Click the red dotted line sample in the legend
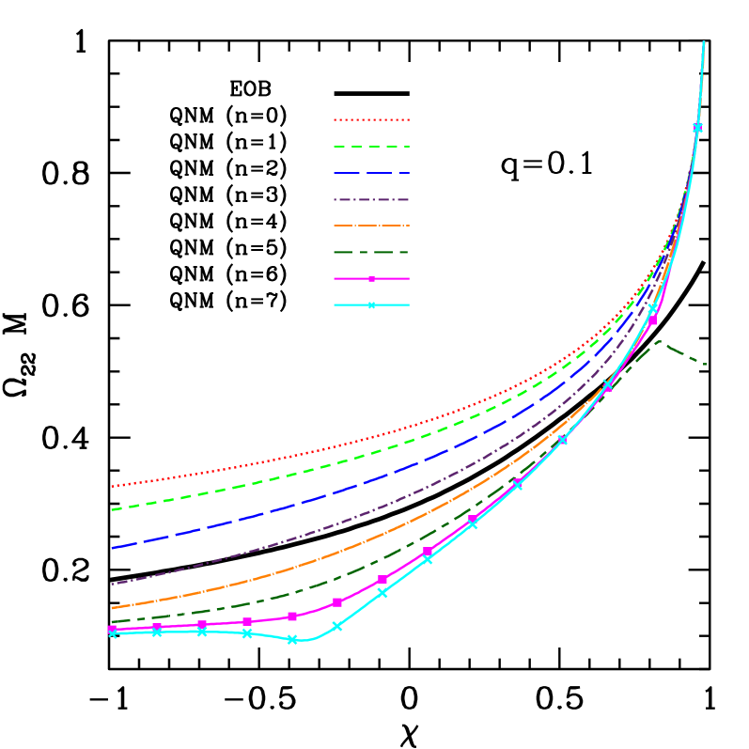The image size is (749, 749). [x=371, y=120]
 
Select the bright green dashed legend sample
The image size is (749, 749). [x=371, y=147]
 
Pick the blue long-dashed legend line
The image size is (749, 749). [x=371, y=173]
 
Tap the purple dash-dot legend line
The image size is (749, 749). [x=371, y=199]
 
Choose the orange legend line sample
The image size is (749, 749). [x=371, y=226]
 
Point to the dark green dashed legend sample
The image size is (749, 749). [x=371, y=252]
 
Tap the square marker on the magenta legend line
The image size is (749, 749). [x=371, y=279]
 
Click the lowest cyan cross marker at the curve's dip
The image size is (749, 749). [x=292, y=639]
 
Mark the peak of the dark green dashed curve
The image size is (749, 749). [x=659, y=341]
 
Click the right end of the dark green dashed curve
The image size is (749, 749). [x=705, y=365]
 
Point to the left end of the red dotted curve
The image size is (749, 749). [x=112, y=487]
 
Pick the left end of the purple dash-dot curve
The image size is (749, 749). [x=112, y=584]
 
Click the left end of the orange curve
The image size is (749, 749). [x=112, y=608]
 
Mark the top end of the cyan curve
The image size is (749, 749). [x=703, y=42]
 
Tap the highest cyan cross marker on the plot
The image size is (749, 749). [x=697, y=127]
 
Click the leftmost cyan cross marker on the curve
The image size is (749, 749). [x=112, y=633]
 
